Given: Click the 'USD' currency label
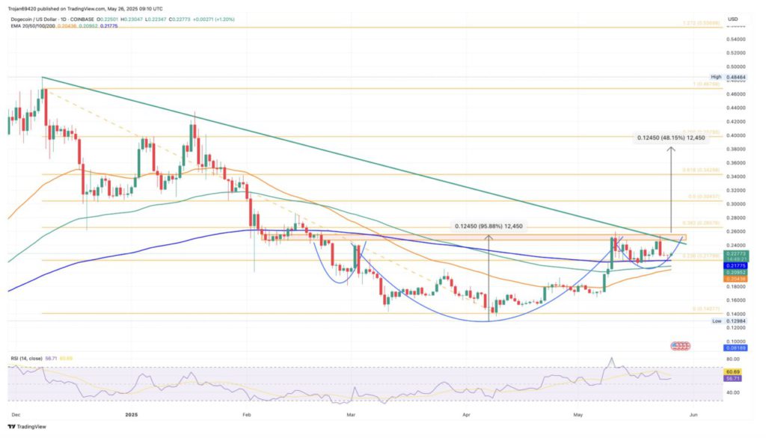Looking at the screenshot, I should click(732, 19).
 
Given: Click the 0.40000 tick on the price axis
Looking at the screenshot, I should click(736, 135).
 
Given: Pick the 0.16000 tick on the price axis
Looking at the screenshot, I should click(736, 300).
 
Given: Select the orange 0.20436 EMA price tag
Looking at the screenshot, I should click(736, 278).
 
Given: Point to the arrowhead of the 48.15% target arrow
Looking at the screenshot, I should click(672, 148).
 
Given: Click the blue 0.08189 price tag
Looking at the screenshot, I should click(736, 348).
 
